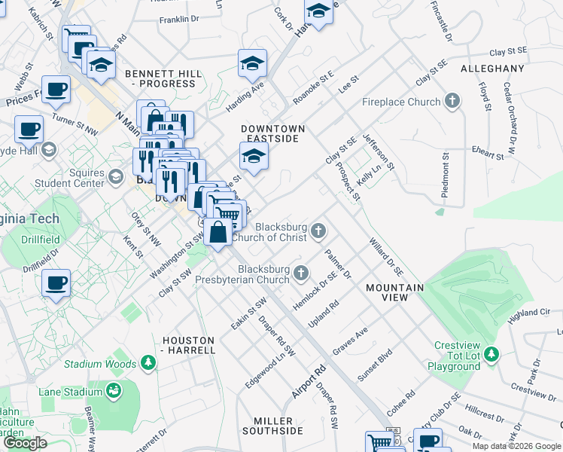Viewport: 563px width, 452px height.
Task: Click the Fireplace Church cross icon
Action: (452, 101)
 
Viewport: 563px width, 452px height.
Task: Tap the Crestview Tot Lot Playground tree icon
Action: (491, 353)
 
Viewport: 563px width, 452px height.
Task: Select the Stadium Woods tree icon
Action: (149, 363)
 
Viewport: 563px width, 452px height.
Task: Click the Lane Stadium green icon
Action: (114, 391)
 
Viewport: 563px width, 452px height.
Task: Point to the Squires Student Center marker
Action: (115, 177)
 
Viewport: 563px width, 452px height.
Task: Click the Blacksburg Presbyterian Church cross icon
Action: (302, 272)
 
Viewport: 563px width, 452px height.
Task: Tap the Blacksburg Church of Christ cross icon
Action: (319, 231)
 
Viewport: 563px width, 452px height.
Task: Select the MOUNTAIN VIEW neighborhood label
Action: (394, 292)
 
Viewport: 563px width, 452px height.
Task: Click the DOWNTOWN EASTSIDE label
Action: (272, 133)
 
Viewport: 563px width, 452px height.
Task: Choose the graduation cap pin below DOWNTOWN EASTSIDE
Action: (254, 157)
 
